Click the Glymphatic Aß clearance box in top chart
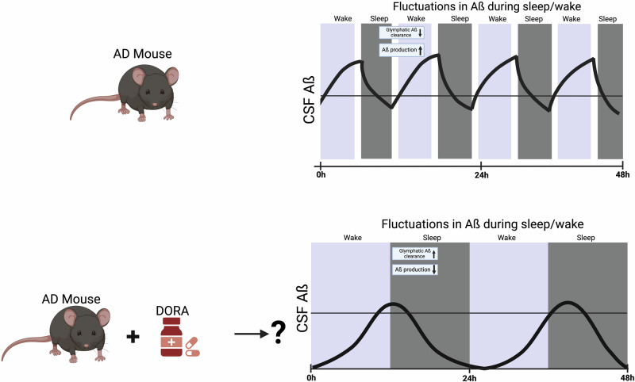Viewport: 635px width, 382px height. (x=403, y=32)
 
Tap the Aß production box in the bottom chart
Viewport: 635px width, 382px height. (x=414, y=269)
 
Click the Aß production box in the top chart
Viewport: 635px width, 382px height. (x=403, y=50)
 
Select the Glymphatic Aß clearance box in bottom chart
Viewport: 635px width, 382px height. (x=414, y=253)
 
